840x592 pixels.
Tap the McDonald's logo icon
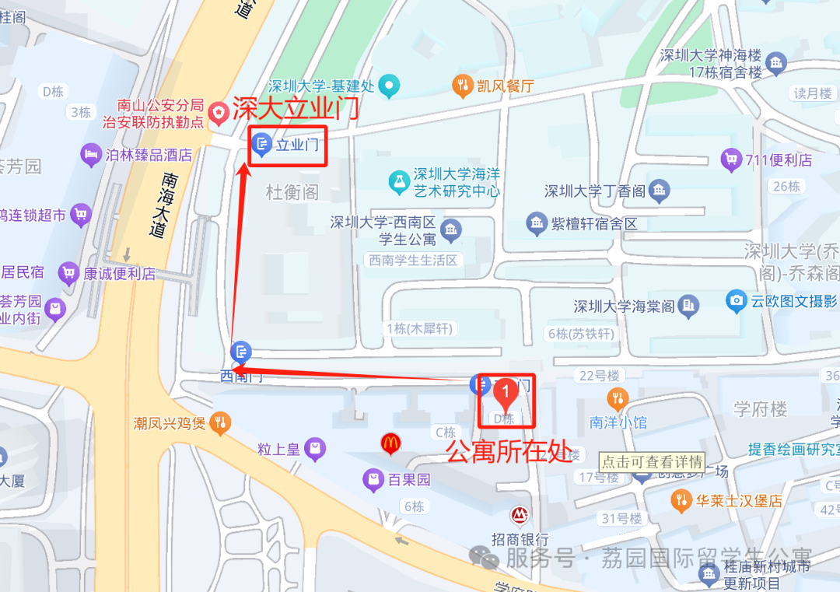pyautogui.click(x=390, y=443)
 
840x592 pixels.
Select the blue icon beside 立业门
pyautogui.click(x=263, y=144)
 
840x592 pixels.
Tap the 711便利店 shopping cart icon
pyautogui.click(x=730, y=160)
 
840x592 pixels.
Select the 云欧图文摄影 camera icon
pyautogui.click(x=736, y=301)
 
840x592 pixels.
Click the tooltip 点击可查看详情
pyautogui.click(x=653, y=461)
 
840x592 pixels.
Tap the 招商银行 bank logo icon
pyautogui.click(x=519, y=515)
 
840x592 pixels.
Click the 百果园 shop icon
pyautogui.click(x=373, y=480)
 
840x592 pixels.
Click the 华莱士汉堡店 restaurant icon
pyautogui.click(x=681, y=500)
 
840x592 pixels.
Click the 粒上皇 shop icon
pyautogui.click(x=315, y=448)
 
